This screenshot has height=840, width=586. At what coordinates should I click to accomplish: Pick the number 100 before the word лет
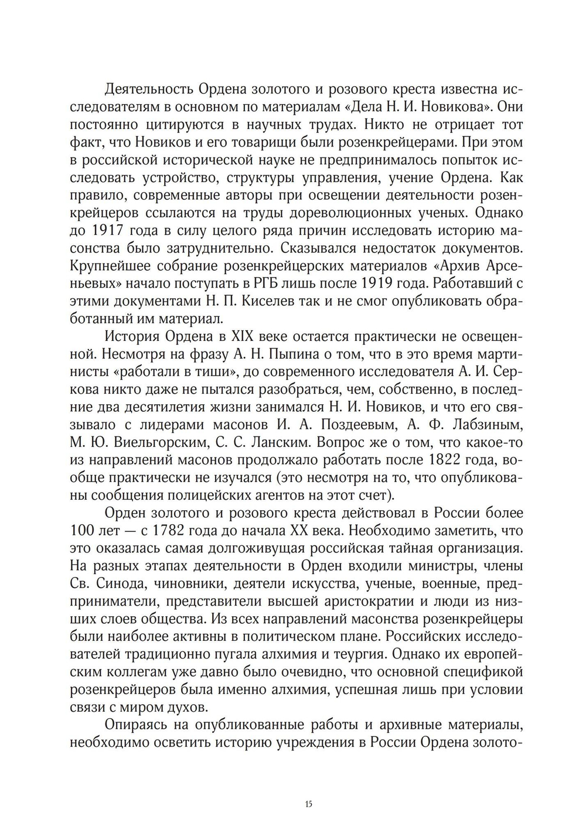pyautogui.click(x=81, y=531)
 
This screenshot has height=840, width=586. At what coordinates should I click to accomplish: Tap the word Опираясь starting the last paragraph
pyautogui.click(x=135, y=725)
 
